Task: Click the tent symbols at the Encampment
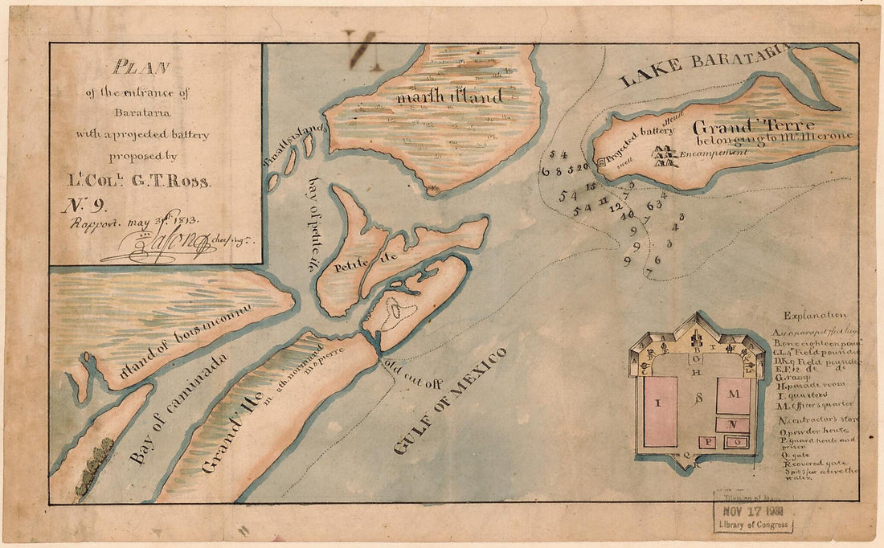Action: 665,155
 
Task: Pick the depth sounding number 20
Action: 583,166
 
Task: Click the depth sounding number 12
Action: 616,206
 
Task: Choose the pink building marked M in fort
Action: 733,395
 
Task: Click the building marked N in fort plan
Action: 733,424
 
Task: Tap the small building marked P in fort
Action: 708,441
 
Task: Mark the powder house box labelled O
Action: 734,441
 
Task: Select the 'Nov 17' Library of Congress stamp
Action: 753,512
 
